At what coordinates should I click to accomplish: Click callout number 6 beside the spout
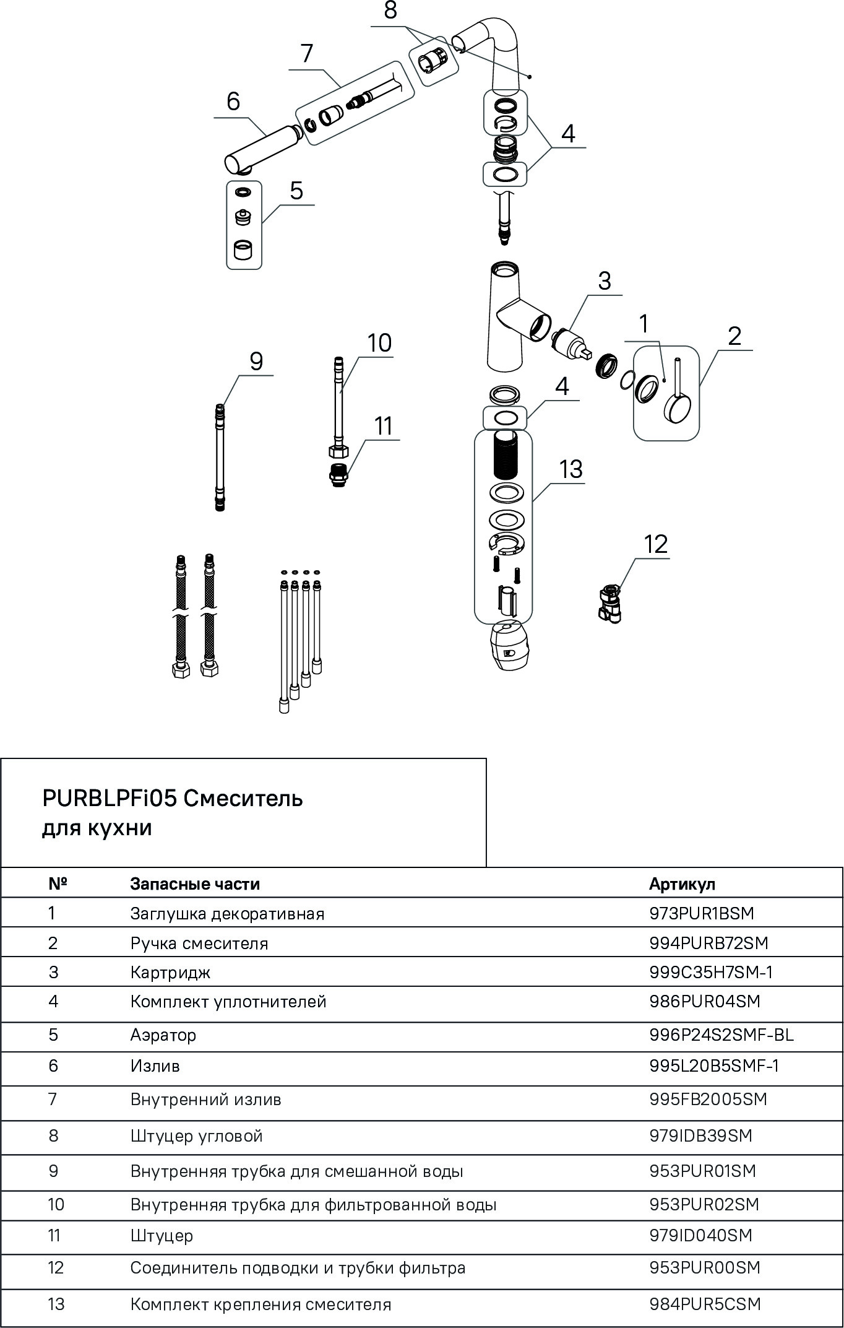pos(233,101)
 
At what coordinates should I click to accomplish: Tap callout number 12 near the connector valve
pos(655,544)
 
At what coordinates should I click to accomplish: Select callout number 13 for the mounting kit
pos(571,469)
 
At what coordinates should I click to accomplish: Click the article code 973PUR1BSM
pos(702,913)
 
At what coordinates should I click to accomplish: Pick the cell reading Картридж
pos(170,972)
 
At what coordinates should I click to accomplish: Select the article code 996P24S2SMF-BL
pos(721,1035)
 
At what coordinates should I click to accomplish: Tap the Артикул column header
pos(682,883)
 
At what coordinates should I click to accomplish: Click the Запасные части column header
pos(195,883)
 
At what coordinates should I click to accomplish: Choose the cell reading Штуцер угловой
pos(196,1135)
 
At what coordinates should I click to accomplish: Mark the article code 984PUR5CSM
pos(705,1304)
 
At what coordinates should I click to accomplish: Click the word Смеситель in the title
pos(243,799)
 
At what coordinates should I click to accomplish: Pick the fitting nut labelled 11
pos(338,475)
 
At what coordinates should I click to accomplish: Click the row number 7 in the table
pos(53,1099)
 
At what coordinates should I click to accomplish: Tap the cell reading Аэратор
pos(163,1035)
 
